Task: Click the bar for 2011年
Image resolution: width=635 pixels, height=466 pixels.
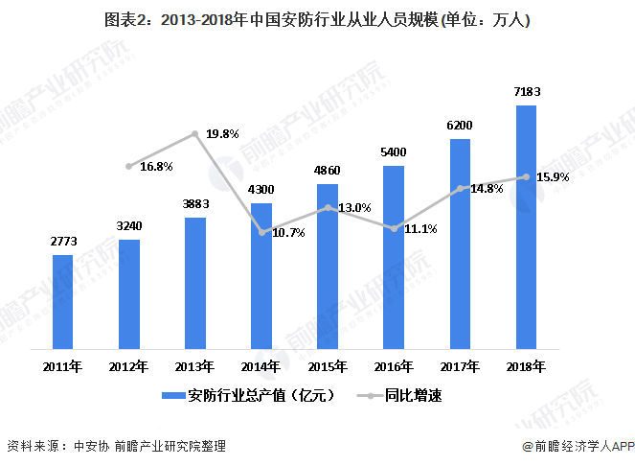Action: pos(62,302)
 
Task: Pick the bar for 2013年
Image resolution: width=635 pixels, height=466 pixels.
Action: pos(195,284)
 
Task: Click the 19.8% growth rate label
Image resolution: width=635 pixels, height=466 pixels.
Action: pos(222,134)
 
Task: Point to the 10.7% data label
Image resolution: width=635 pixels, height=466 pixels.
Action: pos(287,233)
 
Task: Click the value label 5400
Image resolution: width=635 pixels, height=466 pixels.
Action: pos(394,152)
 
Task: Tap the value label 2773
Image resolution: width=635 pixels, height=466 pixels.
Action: pos(62,242)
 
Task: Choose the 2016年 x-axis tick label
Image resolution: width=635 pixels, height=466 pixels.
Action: pos(394,366)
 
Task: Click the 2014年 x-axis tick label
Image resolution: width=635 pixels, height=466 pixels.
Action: pos(261,366)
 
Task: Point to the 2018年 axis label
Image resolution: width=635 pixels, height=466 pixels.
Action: pos(526,366)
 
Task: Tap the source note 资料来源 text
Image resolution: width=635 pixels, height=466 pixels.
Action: pos(115,446)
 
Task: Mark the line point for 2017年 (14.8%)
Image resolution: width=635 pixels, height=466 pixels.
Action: pos(460,188)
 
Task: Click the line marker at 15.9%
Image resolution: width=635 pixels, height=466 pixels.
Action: pos(526,176)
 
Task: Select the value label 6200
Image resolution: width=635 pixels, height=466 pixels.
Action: pos(460,126)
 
